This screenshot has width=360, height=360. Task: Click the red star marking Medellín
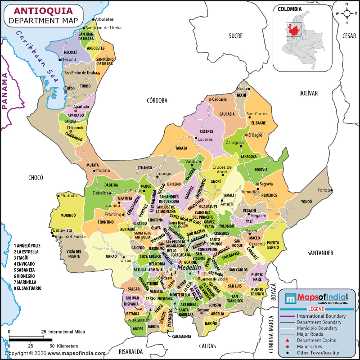pyautogui.click(x=180, y=261)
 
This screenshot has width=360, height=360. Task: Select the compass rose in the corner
pyautogui.click(x=347, y=13)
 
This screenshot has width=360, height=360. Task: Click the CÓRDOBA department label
pyautogui.click(x=157, y=100)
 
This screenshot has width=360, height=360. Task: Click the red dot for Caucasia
pyautogui.click(x=210, y=99)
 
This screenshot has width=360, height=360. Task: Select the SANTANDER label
pyautogui.click(x=320, y=253)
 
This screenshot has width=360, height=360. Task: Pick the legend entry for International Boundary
pyautogui.click(x=321, y=316)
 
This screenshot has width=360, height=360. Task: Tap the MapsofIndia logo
pyautogui.click(x=317, y=297)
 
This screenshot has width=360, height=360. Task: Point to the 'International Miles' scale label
pyautogui.click(x=67, y=332)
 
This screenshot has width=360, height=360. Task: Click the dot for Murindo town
pyautogui.click(x=58, y=196)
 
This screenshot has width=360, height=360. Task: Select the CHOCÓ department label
pyautogui.click(x=35, y=177)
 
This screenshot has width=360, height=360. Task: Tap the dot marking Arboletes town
pyautogui.click(x=94, y=19)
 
